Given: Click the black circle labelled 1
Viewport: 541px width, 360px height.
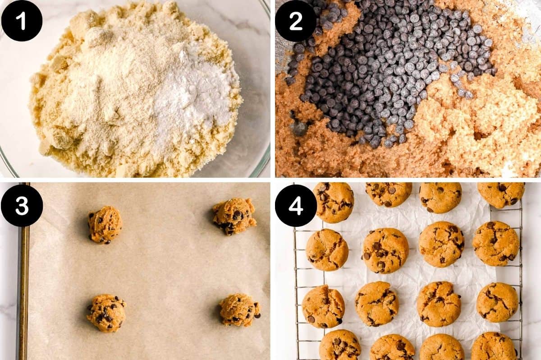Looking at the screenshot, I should (x=22, y=21).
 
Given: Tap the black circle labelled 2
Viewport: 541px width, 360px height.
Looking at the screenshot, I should (x=296, y=21).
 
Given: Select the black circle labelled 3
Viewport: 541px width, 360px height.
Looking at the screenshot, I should (x=22, y=205).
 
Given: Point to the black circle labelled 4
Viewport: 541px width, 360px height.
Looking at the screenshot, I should (x=296, y=205).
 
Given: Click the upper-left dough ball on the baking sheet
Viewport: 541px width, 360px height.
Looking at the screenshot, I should (x=105, y=225).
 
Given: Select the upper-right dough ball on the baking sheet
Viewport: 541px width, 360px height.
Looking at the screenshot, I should (x=234, y=216).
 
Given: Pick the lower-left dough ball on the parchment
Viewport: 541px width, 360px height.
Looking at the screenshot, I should (x=106, y=313).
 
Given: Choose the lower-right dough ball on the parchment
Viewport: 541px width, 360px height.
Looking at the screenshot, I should (x=239, y=310).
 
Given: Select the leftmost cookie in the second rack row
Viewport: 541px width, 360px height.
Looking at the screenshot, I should (x=327, y=249).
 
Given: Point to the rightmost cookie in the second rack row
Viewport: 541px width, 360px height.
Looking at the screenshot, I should (x=496, y=243).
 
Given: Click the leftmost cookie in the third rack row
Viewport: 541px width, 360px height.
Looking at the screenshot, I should (x=323, y=306).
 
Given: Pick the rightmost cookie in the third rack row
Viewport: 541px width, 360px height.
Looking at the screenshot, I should (x=497, y=302).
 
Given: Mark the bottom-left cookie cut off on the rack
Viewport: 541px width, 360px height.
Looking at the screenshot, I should (x=340, y=345).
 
